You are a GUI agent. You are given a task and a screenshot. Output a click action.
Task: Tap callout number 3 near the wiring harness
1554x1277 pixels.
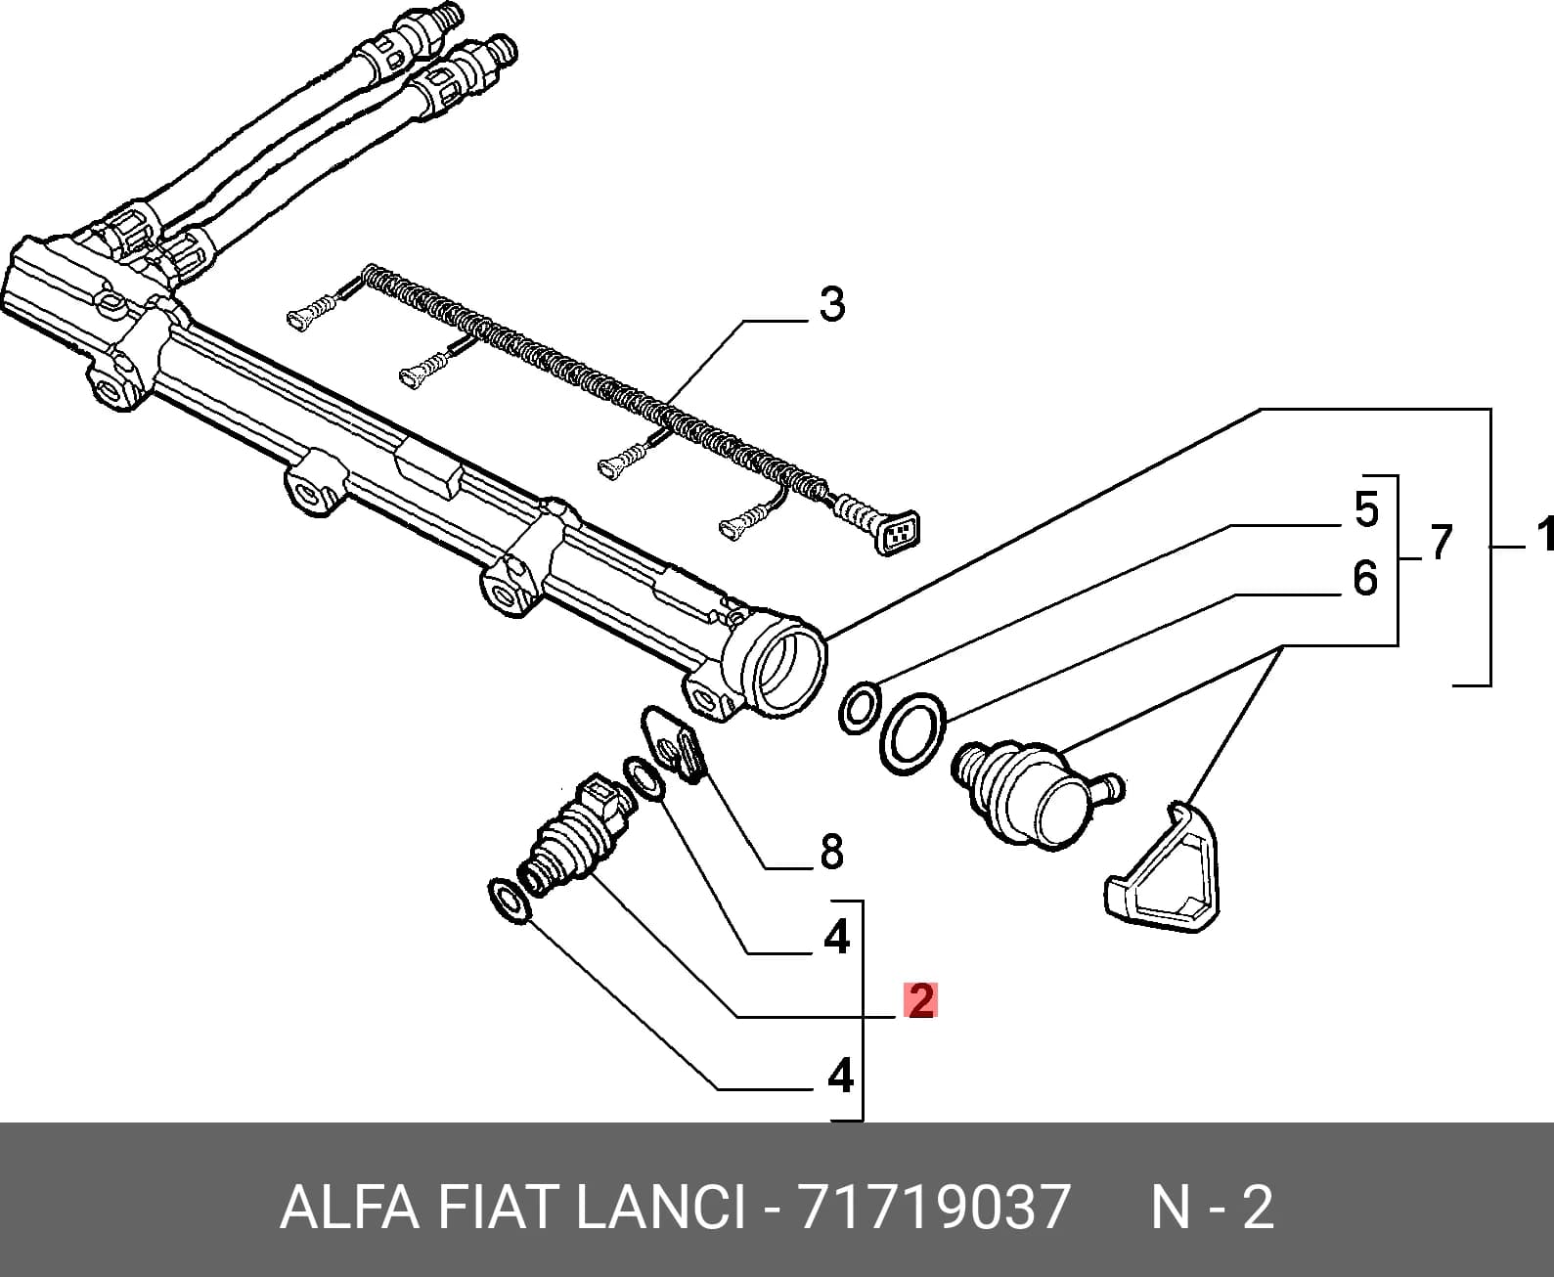click(x=832, y=304)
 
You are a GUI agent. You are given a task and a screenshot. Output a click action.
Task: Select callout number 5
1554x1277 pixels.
click(x=1366, y=509)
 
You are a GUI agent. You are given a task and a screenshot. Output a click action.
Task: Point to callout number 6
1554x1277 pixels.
click(x=1365, y=578)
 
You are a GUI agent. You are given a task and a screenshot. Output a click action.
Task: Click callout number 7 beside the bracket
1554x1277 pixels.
click(x=1441, y=542)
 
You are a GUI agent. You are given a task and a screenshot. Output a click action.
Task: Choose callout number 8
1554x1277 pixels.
click(x=832, y=852)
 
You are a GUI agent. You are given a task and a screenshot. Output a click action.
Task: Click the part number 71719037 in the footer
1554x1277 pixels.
click(x=934, y=1207)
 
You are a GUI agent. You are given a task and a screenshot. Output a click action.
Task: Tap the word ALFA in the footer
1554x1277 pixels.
click(x=350, y=1207)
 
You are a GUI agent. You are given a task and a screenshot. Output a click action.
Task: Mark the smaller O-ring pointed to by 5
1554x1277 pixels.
click(x=860, y=709)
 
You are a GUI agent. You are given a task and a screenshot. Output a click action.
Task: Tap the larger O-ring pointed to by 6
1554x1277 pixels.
click(x=912, y=733)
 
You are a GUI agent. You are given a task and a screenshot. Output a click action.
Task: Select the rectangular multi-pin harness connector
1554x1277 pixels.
click(x=898, y=532)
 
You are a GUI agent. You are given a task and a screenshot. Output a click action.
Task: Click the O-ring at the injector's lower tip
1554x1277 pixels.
click(x=510, y=901)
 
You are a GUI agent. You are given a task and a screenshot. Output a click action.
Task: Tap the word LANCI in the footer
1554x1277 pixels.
click(x=660, y=1207)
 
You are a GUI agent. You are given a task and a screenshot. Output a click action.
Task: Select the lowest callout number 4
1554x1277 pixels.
click(x=840, y=1076)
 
